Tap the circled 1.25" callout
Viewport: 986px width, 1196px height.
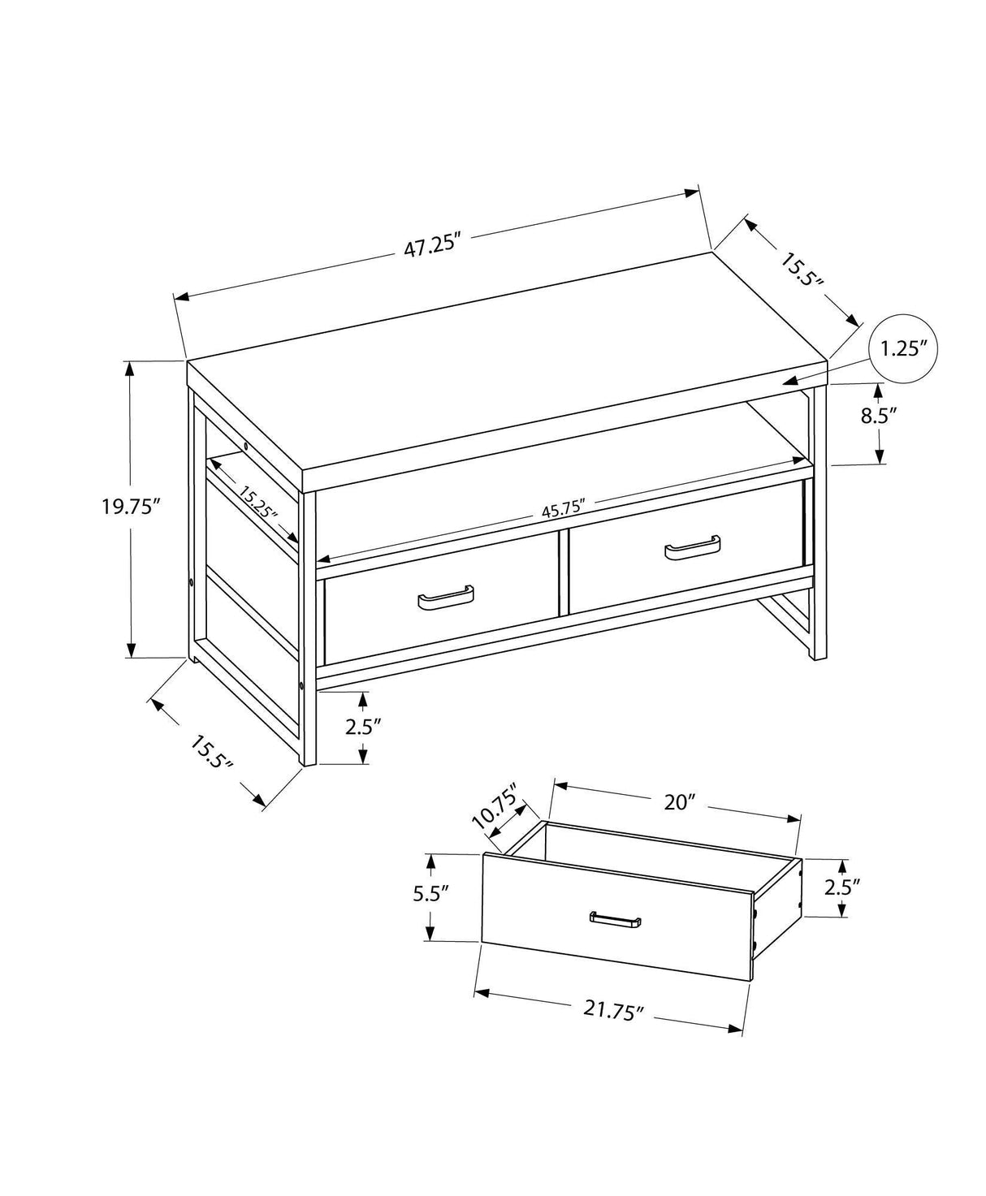[x=904, y=350]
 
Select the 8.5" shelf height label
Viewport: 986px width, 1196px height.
[x=878, y=416]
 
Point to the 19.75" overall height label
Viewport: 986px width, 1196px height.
[x=128, y=507]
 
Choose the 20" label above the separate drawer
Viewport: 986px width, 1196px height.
[x=676, y=802]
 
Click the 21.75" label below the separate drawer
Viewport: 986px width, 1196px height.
[x=613, y=1010]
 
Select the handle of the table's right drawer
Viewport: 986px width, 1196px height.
[x=693, y=550]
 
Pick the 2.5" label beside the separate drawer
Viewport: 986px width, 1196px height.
[x=842, y=887]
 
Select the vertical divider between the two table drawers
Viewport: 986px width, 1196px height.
[x=561, y=572]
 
